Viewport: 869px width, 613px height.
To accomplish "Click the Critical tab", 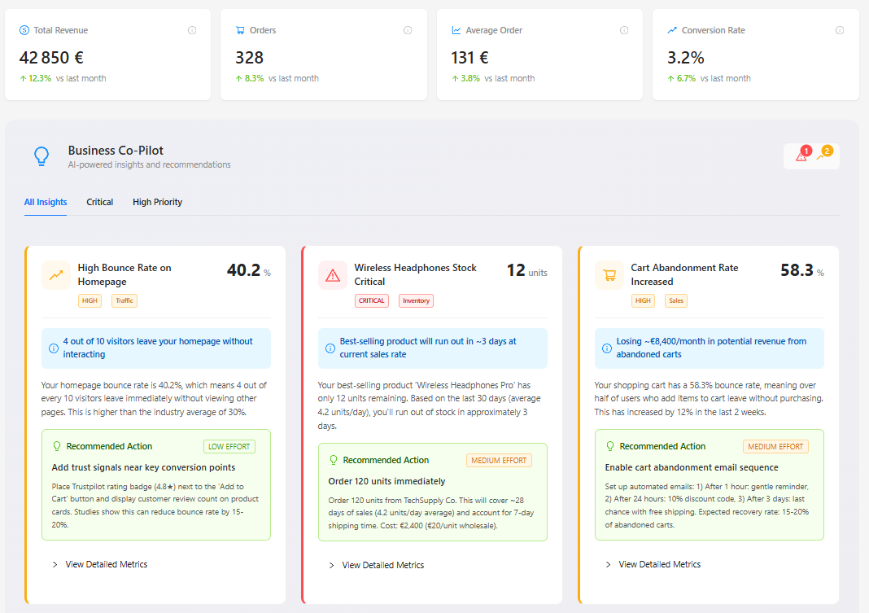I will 100,202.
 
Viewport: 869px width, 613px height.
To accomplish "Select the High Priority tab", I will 157,202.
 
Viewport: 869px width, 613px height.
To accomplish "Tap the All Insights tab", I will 46,202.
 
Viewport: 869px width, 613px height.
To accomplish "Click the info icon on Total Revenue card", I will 192,30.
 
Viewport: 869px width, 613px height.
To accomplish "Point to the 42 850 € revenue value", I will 51,58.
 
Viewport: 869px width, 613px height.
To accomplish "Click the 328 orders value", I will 249,58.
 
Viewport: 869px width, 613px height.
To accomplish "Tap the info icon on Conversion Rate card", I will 840,30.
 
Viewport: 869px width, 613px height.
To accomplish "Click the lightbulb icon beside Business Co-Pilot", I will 41,156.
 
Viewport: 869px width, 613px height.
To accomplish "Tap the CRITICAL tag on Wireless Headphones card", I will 371,300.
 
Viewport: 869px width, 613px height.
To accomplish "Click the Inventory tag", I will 416,300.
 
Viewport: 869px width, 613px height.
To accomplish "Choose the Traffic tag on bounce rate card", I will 124,300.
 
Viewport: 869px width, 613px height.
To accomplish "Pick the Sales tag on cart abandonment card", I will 675,300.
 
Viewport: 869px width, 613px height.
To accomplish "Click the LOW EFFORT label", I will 229,446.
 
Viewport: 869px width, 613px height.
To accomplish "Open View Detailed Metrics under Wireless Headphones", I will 382,565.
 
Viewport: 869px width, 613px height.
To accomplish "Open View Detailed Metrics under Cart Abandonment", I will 659,564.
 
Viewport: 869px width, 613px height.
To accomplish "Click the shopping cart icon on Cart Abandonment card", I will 609,275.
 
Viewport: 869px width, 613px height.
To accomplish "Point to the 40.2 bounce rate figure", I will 242,270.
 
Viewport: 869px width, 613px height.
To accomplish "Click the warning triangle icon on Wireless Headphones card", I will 333,275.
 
